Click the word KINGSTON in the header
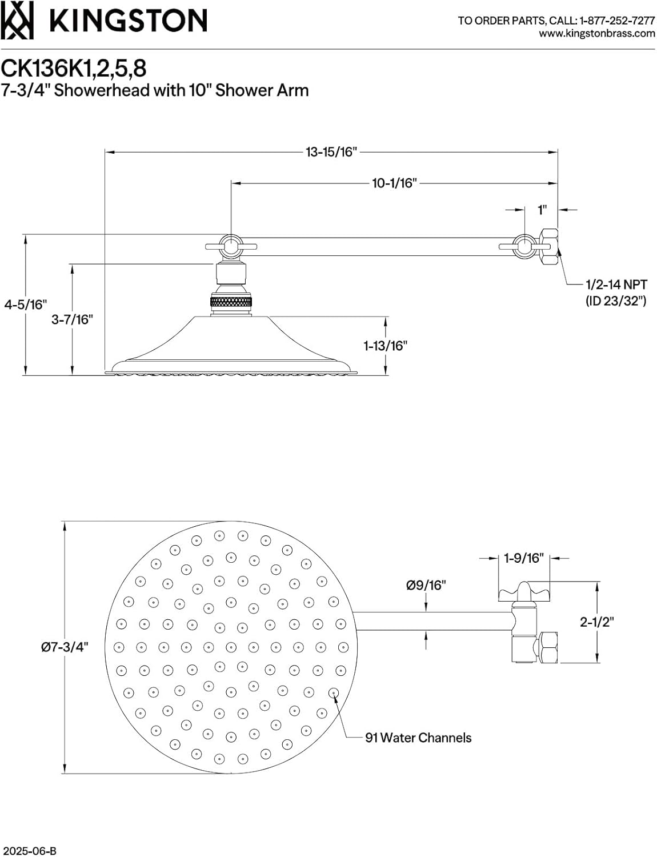(129, 22)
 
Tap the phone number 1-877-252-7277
(617, 21)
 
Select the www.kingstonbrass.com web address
(597, 33)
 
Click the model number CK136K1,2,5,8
(74, 68)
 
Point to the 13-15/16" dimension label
(331, 152)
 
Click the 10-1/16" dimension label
(394, 183)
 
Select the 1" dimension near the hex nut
(542, 210)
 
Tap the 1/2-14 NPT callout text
(616, 285)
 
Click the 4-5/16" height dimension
(25, 305)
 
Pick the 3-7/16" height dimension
(72, 319)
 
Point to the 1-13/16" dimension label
(386, 346)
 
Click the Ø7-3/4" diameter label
(65, 647)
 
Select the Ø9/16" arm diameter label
(426, 585)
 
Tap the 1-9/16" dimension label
(523, 558)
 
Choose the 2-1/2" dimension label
(596, 622)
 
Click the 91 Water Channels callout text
(418, 738)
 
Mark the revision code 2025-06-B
(29, 851)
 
